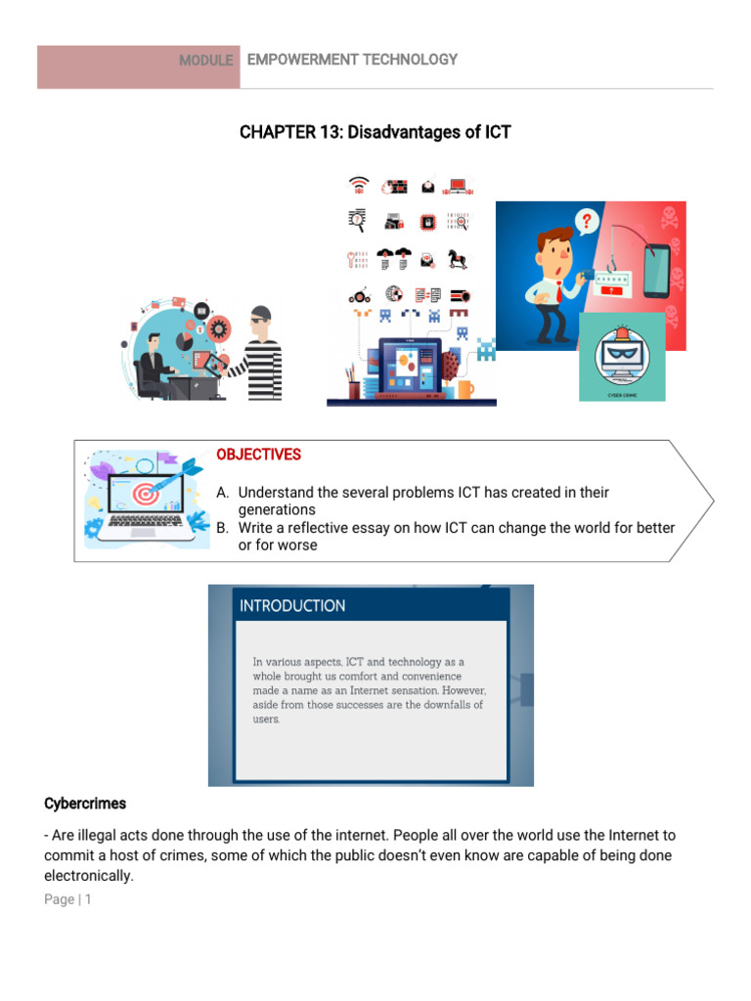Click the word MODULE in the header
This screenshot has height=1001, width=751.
click(x=205, y=61)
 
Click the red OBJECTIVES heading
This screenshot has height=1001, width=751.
click(x=258, y=455)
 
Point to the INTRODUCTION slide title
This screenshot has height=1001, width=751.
click(x=292, y=606)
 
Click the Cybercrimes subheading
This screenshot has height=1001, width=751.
click(x=85, y=804)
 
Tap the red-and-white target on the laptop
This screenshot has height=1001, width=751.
click(x=146, y=494)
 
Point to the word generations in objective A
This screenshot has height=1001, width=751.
click(x=277, y=510)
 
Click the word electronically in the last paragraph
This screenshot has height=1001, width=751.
click(x=89, y=876)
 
